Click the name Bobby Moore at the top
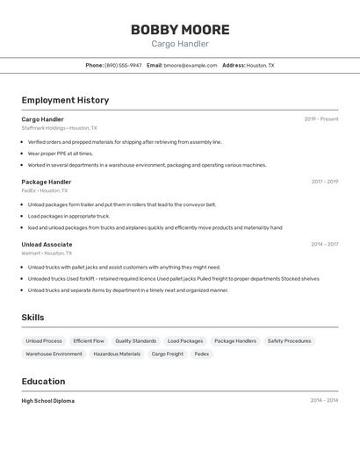(x=180, y=30)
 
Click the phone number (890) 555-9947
(x=123, y=65)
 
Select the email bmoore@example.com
(x=191, y=65)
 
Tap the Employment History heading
(x=65, y=100)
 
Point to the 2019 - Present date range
(x=321, y=119)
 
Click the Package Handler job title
(x=47, y=182)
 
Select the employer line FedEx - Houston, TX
(x=45, y=190)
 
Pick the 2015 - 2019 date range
(x=325, y=182)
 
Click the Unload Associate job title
(x=47, y=245)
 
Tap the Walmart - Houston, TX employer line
(x=47, y=254)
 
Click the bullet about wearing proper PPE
(x=60, y=154)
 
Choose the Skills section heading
(x=32, y=318)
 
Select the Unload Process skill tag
(x=44, y=341)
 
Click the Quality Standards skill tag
(x=135, y=341)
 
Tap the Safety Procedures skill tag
(x=289, y=341)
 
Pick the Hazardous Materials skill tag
(x=117, y=354)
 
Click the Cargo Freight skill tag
(x=167, y=354)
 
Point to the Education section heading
(x=43, y=382)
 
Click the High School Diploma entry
(x=48, y=401)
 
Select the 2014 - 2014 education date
(x=324, y=401)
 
